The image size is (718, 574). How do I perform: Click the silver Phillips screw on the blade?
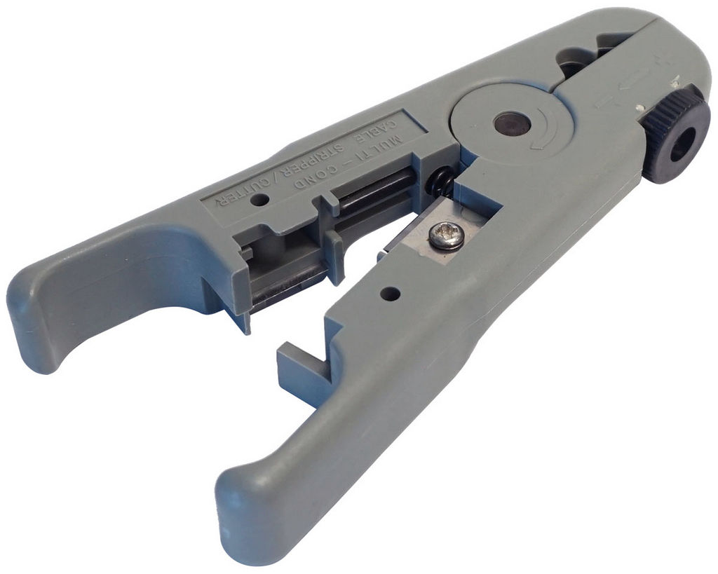[447, 237]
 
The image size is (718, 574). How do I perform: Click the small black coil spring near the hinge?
[440, 180]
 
